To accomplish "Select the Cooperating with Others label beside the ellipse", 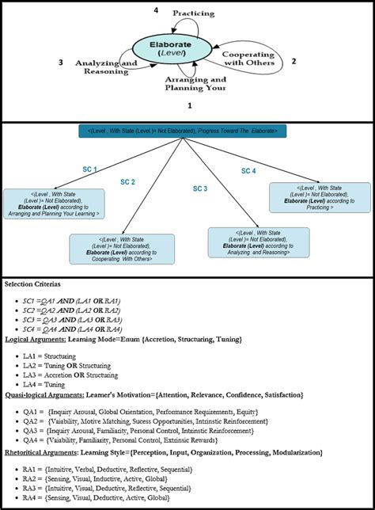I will click(248, 58).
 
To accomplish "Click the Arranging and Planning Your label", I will click(195, 85).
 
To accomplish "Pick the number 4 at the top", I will click(155, 10).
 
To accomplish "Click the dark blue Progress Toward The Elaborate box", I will click(187, 131).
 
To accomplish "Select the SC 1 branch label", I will click(89, 169).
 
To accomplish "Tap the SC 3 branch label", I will click(200, 188).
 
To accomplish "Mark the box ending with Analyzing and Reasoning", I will click(256, 242).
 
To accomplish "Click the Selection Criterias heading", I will click(37, 284).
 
